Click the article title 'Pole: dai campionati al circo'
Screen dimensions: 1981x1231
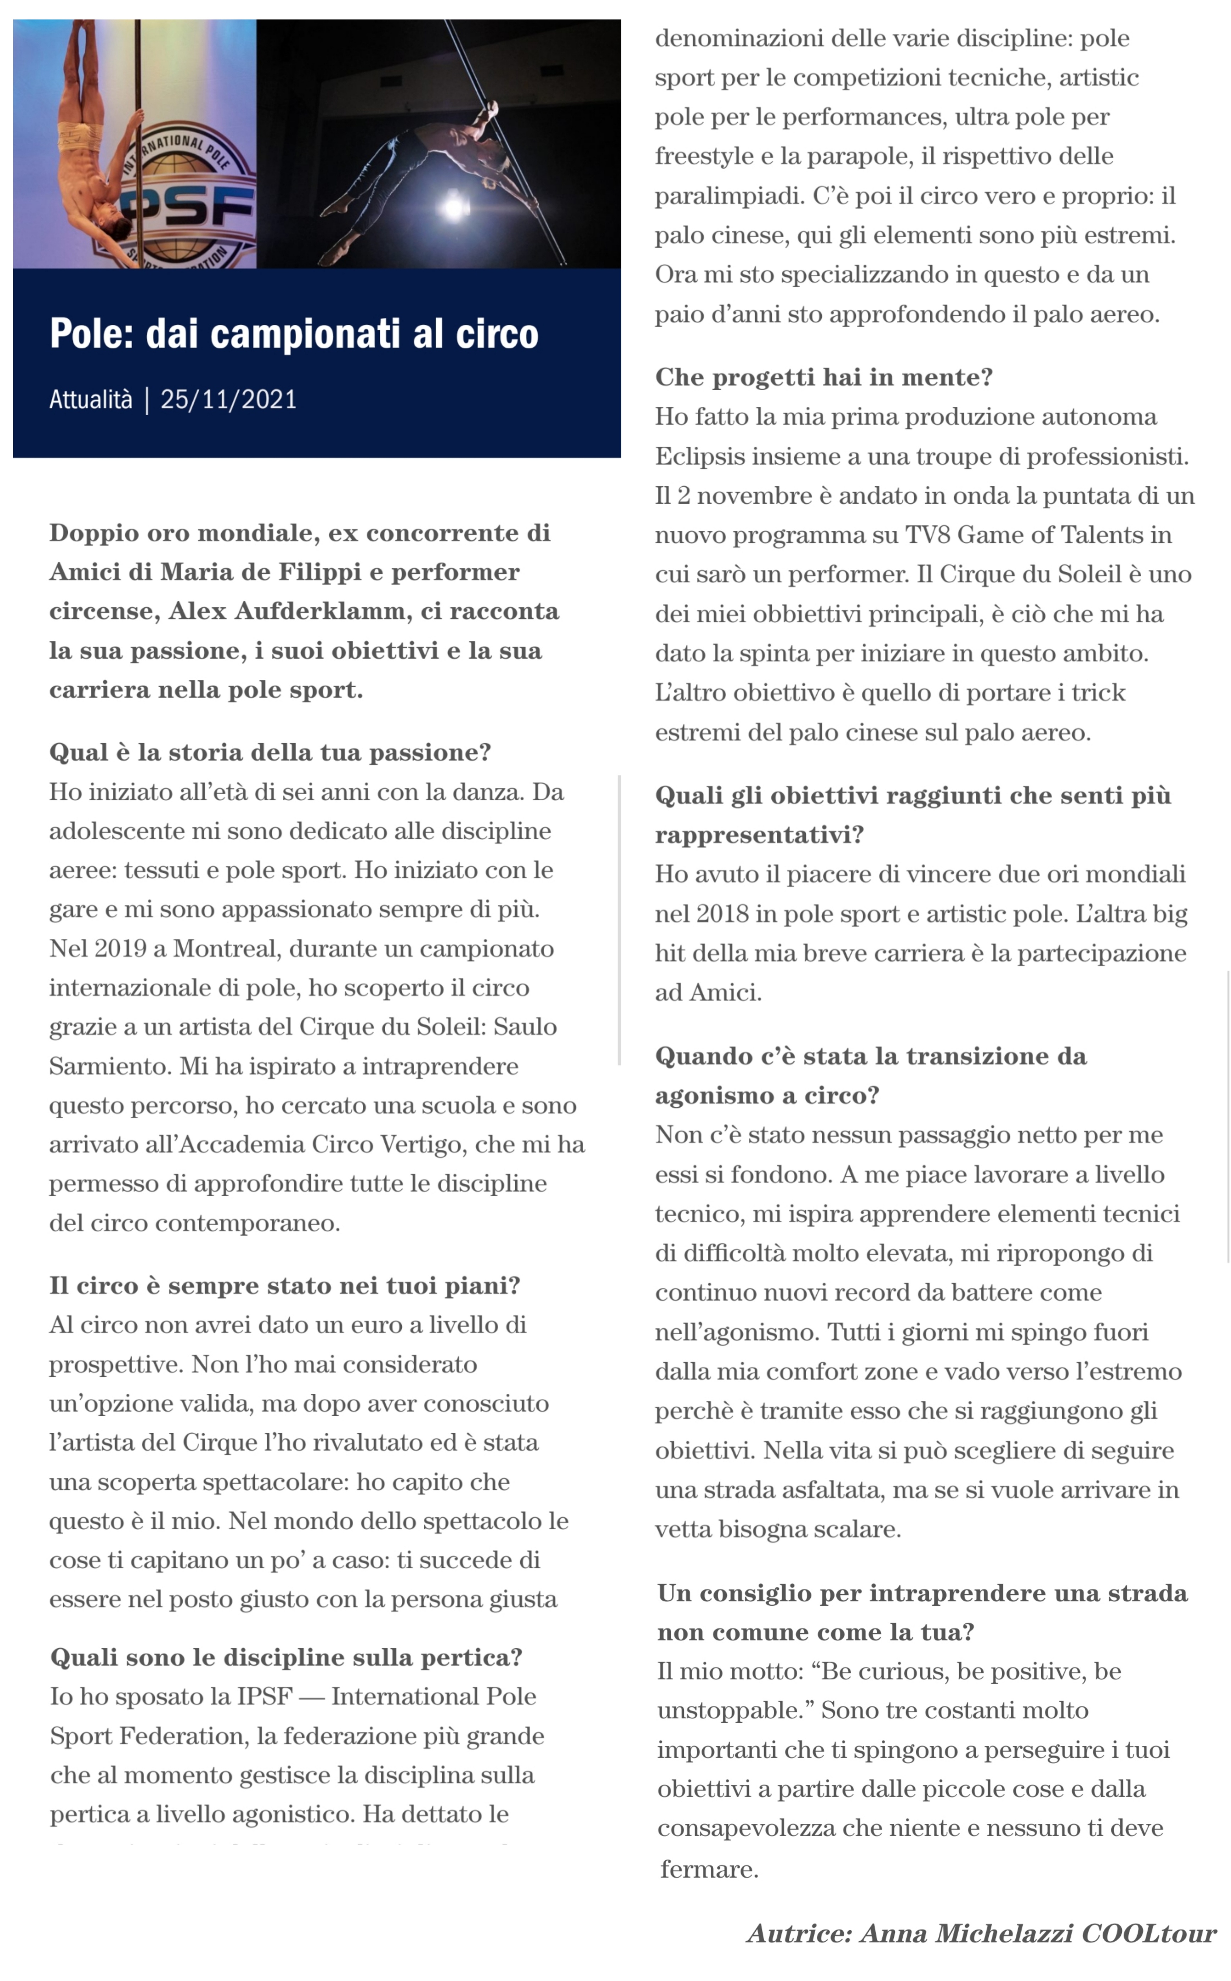[x=294, y=334]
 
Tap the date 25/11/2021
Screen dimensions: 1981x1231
[x=229, y=400]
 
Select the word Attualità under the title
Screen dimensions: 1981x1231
[x=90, y=400]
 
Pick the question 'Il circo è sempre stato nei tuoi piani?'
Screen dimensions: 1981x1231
[x=284, y=1286]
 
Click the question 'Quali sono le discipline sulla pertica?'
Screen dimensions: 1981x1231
[x=286, y=1658]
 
